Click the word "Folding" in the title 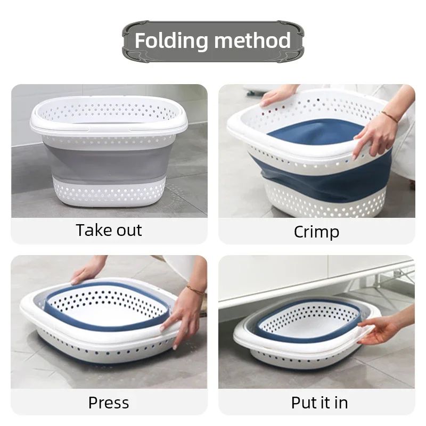(x=170, y=41)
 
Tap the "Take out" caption (x=109, y=231)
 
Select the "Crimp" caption (x=316, y=232)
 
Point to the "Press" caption (x=109, y=402)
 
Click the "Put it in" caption (x=319, y=402)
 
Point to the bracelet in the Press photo (x=195, y=290)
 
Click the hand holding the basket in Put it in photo (x=378, y=330)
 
